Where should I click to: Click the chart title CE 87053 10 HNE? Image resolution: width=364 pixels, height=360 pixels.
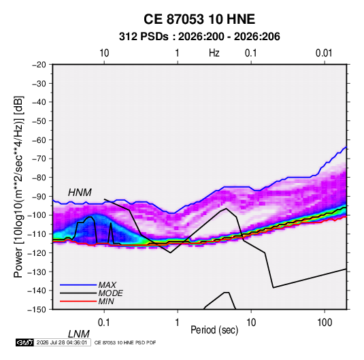[199, 19]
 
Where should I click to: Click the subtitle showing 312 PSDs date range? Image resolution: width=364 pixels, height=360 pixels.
[199, 37]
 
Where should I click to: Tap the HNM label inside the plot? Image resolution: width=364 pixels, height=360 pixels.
[80, 193]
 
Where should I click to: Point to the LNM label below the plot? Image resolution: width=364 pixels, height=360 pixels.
[78, 334]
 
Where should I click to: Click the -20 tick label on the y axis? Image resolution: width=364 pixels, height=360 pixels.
[39, 65]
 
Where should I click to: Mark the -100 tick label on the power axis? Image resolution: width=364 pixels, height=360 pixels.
[37, 215]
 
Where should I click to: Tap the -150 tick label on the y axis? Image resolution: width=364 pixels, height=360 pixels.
[37, 310]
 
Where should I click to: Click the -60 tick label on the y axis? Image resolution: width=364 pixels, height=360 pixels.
[39, 140]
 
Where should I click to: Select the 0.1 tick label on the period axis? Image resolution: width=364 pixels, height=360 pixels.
[104, 323]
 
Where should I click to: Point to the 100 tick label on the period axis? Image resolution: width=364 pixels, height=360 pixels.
[325, 323]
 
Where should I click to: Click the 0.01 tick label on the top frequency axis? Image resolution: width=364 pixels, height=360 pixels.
[324, 53]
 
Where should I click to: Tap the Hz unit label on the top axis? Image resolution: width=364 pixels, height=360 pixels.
[214, 53]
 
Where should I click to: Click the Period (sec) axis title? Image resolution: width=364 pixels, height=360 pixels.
[214, 330]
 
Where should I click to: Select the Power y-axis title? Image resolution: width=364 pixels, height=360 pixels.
[18, 186]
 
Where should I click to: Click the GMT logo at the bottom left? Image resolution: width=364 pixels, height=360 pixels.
[25, 342]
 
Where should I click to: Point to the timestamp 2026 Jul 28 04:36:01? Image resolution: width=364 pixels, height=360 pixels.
[62, 342]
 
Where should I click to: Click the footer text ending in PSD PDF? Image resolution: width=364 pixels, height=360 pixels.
[125, 342]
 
